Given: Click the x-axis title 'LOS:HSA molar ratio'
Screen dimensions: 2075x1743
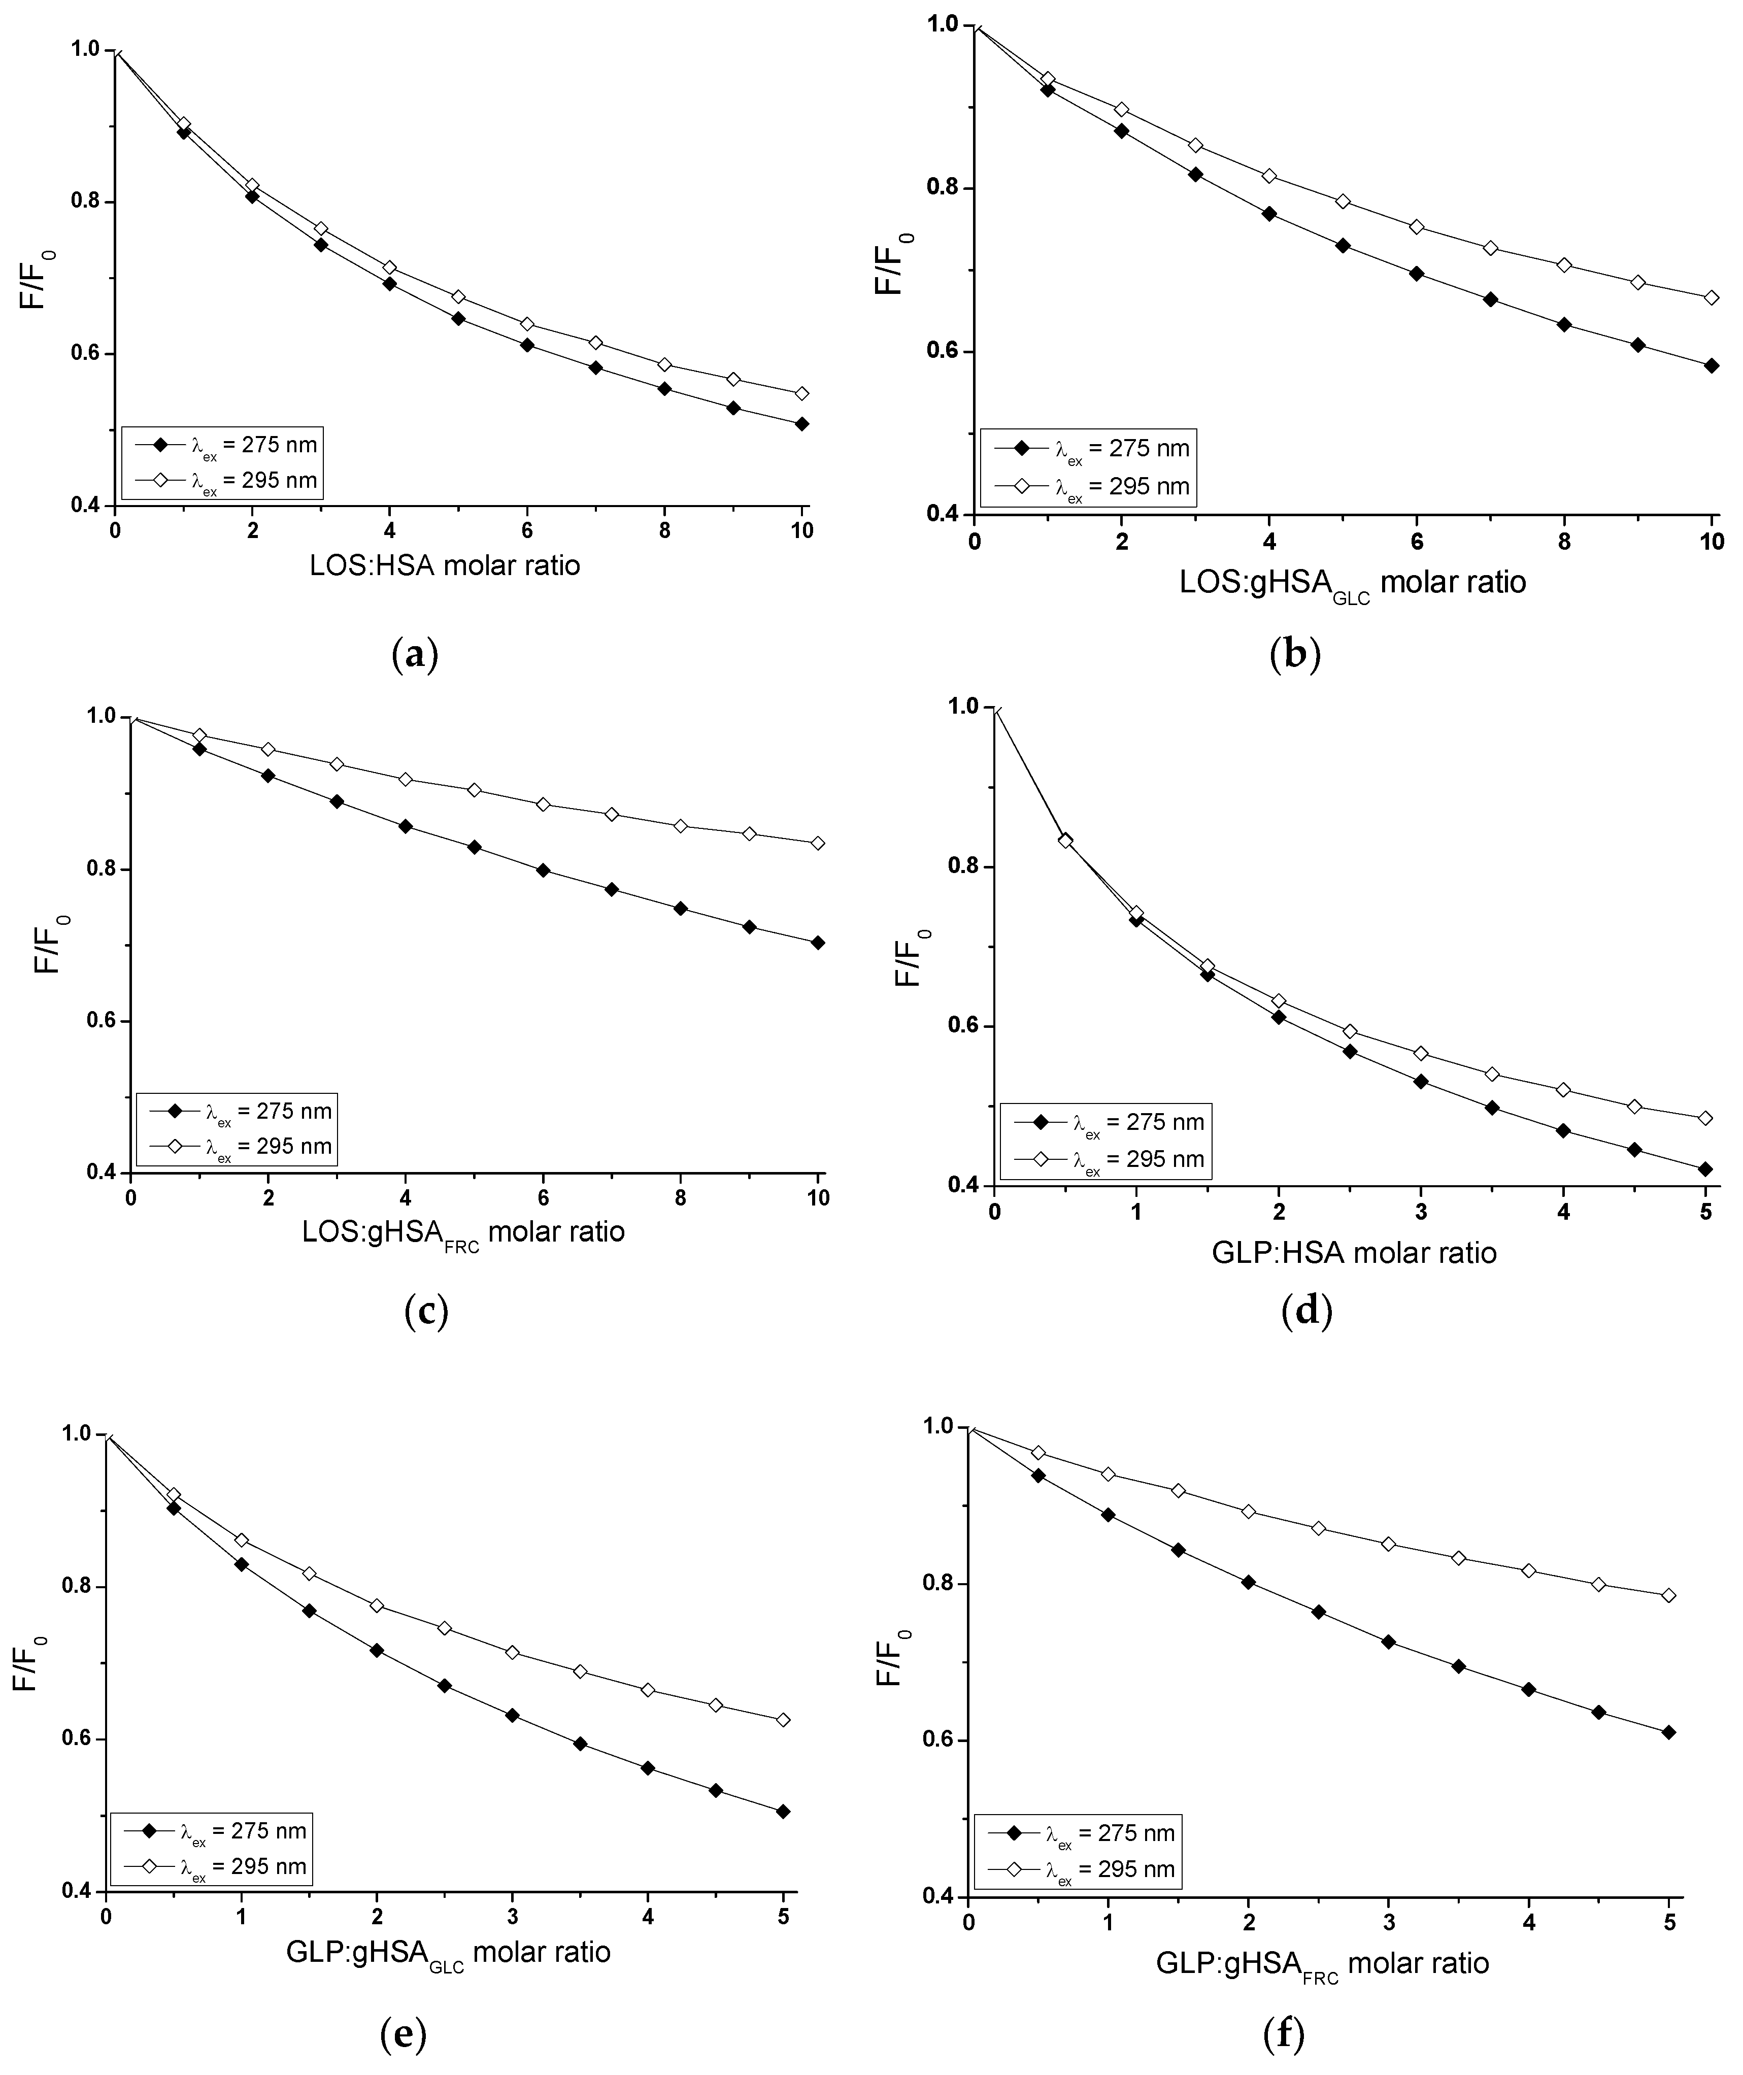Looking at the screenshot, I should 445,566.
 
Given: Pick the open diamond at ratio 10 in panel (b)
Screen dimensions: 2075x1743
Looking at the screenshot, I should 1712,297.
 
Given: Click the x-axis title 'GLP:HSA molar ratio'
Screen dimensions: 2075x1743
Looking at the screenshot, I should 1354,1253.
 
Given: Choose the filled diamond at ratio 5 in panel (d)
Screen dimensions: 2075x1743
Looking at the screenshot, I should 1704,1169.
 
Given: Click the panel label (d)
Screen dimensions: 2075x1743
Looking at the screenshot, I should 1306,1312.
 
